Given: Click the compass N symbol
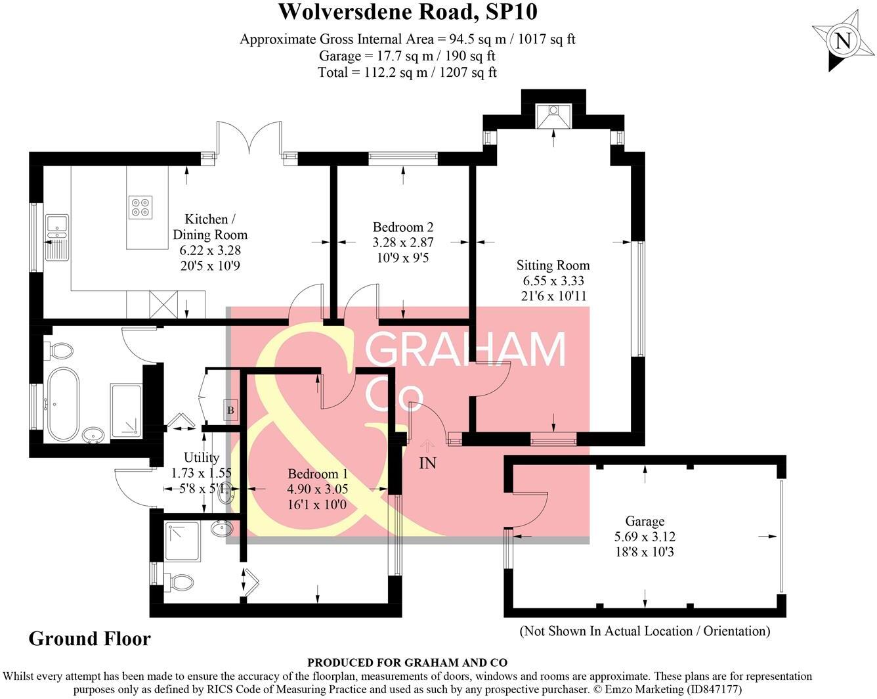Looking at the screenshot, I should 842,41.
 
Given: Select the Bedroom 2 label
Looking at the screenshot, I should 402,227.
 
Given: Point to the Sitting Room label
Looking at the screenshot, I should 553,265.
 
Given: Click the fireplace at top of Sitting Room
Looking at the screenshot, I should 553,116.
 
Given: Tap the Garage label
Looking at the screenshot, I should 645,521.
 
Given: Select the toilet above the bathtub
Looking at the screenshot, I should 58,351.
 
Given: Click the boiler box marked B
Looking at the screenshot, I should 230,411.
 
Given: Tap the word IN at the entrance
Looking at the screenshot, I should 427,463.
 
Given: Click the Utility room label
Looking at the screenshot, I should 201,457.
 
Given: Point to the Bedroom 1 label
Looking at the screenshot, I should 318,474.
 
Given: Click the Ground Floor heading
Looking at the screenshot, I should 89,639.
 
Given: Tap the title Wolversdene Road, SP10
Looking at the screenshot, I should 408,12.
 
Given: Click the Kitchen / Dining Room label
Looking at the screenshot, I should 209,227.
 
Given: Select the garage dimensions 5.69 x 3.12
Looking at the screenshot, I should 645,536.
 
